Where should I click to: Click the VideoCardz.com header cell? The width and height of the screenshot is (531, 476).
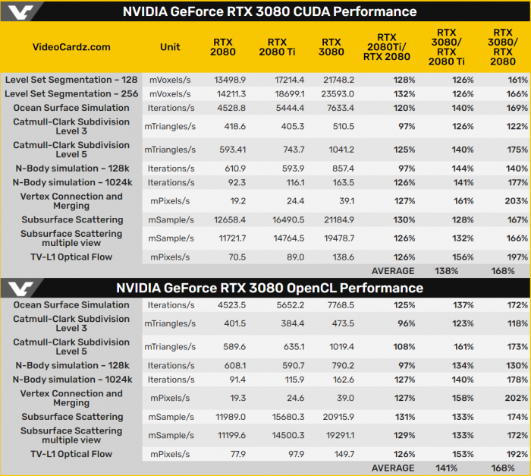[x=71, y=47]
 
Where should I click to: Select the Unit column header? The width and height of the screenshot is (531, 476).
[x=170, y=47]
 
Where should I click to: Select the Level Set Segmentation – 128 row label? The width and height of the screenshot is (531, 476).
[x=71, y=79]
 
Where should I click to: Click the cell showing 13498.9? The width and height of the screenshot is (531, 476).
[x=225, y=79]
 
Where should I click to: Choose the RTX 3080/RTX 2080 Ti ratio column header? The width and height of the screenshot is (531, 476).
[x=452, y=47]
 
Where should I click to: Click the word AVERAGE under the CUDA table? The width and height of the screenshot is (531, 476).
[x=392, y=271]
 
